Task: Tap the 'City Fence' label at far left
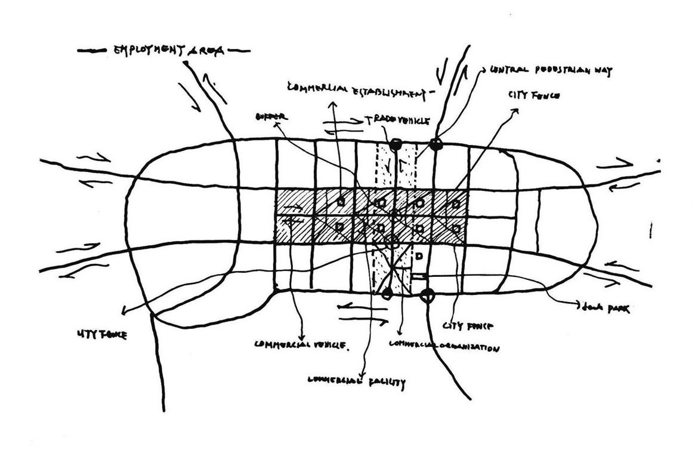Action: [x=102, y=335]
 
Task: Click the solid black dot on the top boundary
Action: [x=394, y=144]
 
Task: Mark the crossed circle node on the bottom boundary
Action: [x=427, y=294]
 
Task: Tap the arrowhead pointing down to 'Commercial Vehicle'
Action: [x=304, y=334]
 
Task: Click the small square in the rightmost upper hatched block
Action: [x=456, y=204]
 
